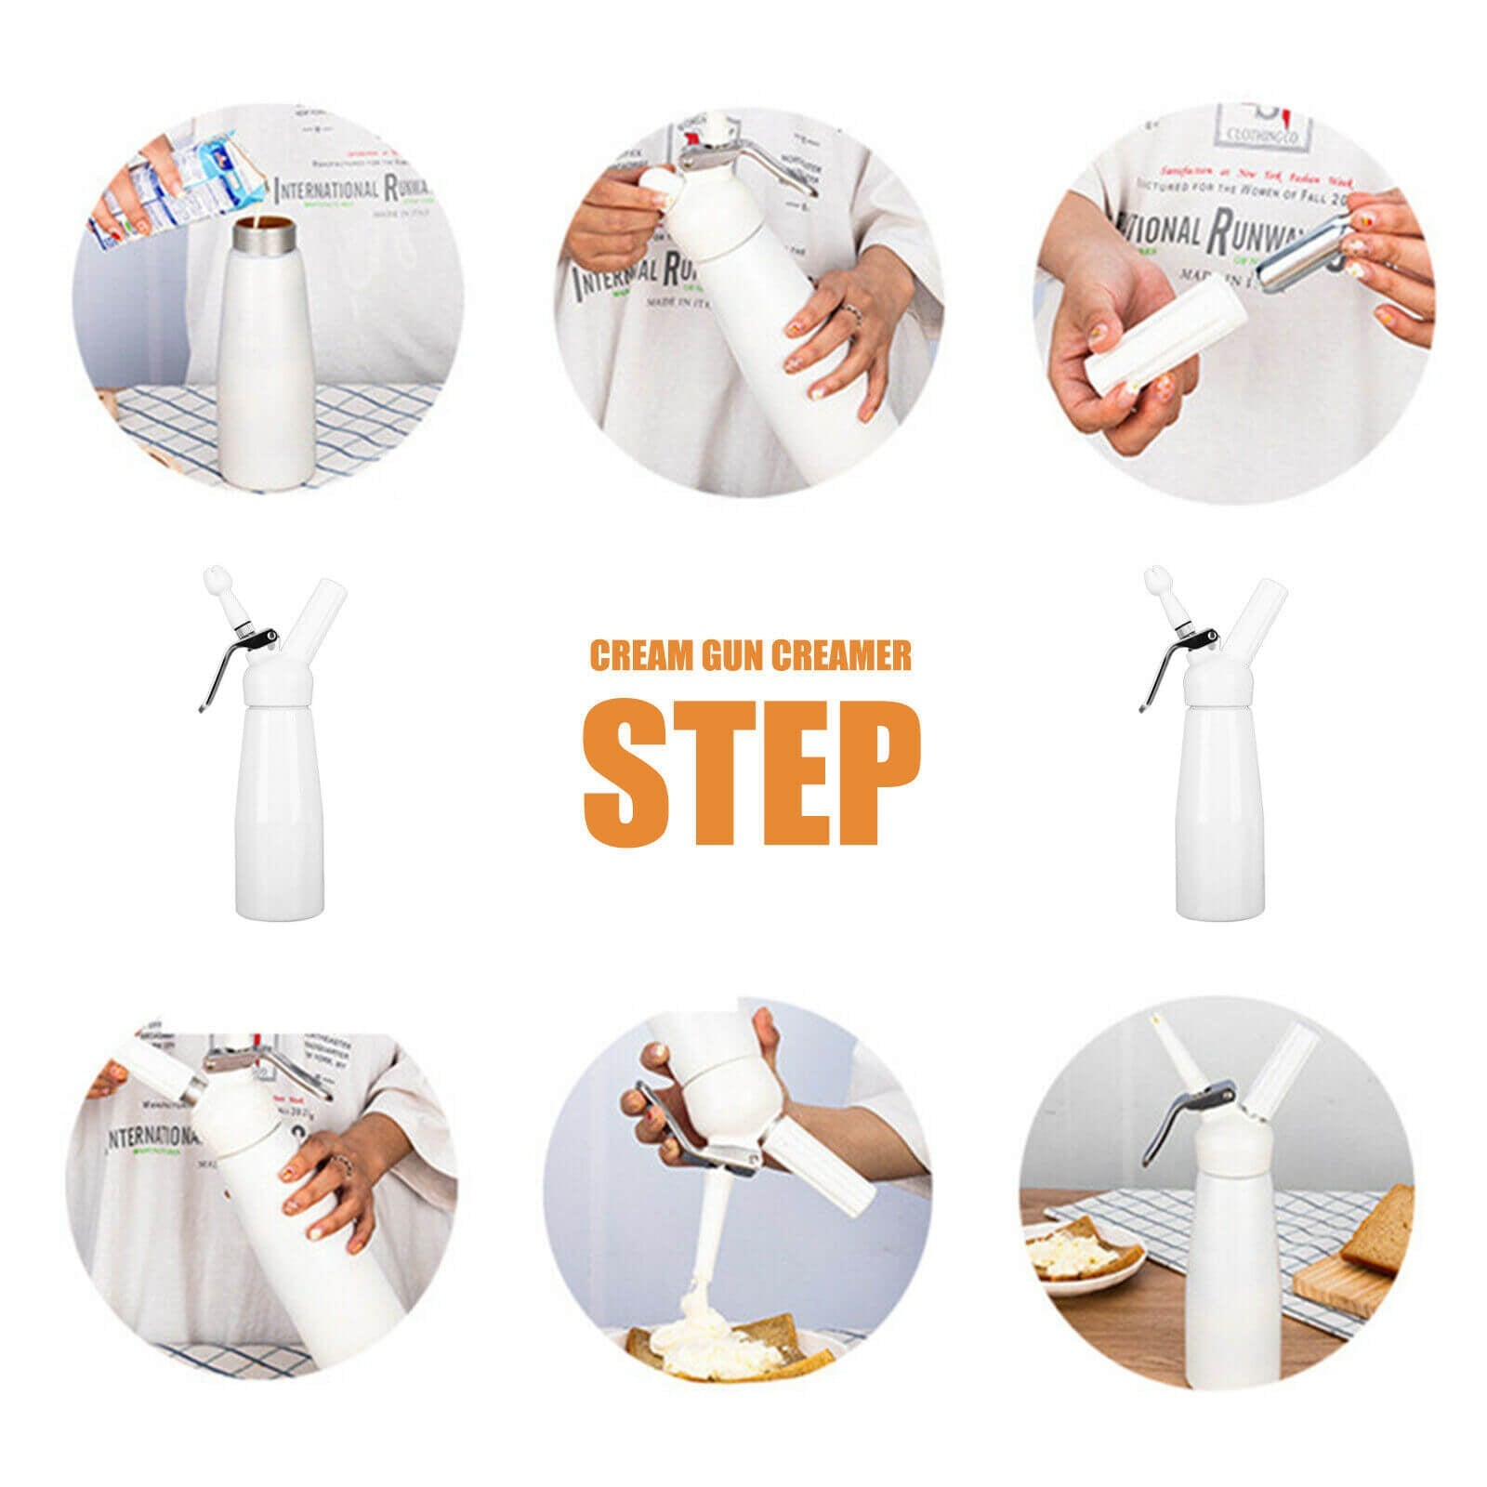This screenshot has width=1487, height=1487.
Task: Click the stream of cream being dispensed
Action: click(x=710, y=1227)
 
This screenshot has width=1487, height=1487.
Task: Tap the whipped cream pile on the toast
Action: click(x=706, y=1338)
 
